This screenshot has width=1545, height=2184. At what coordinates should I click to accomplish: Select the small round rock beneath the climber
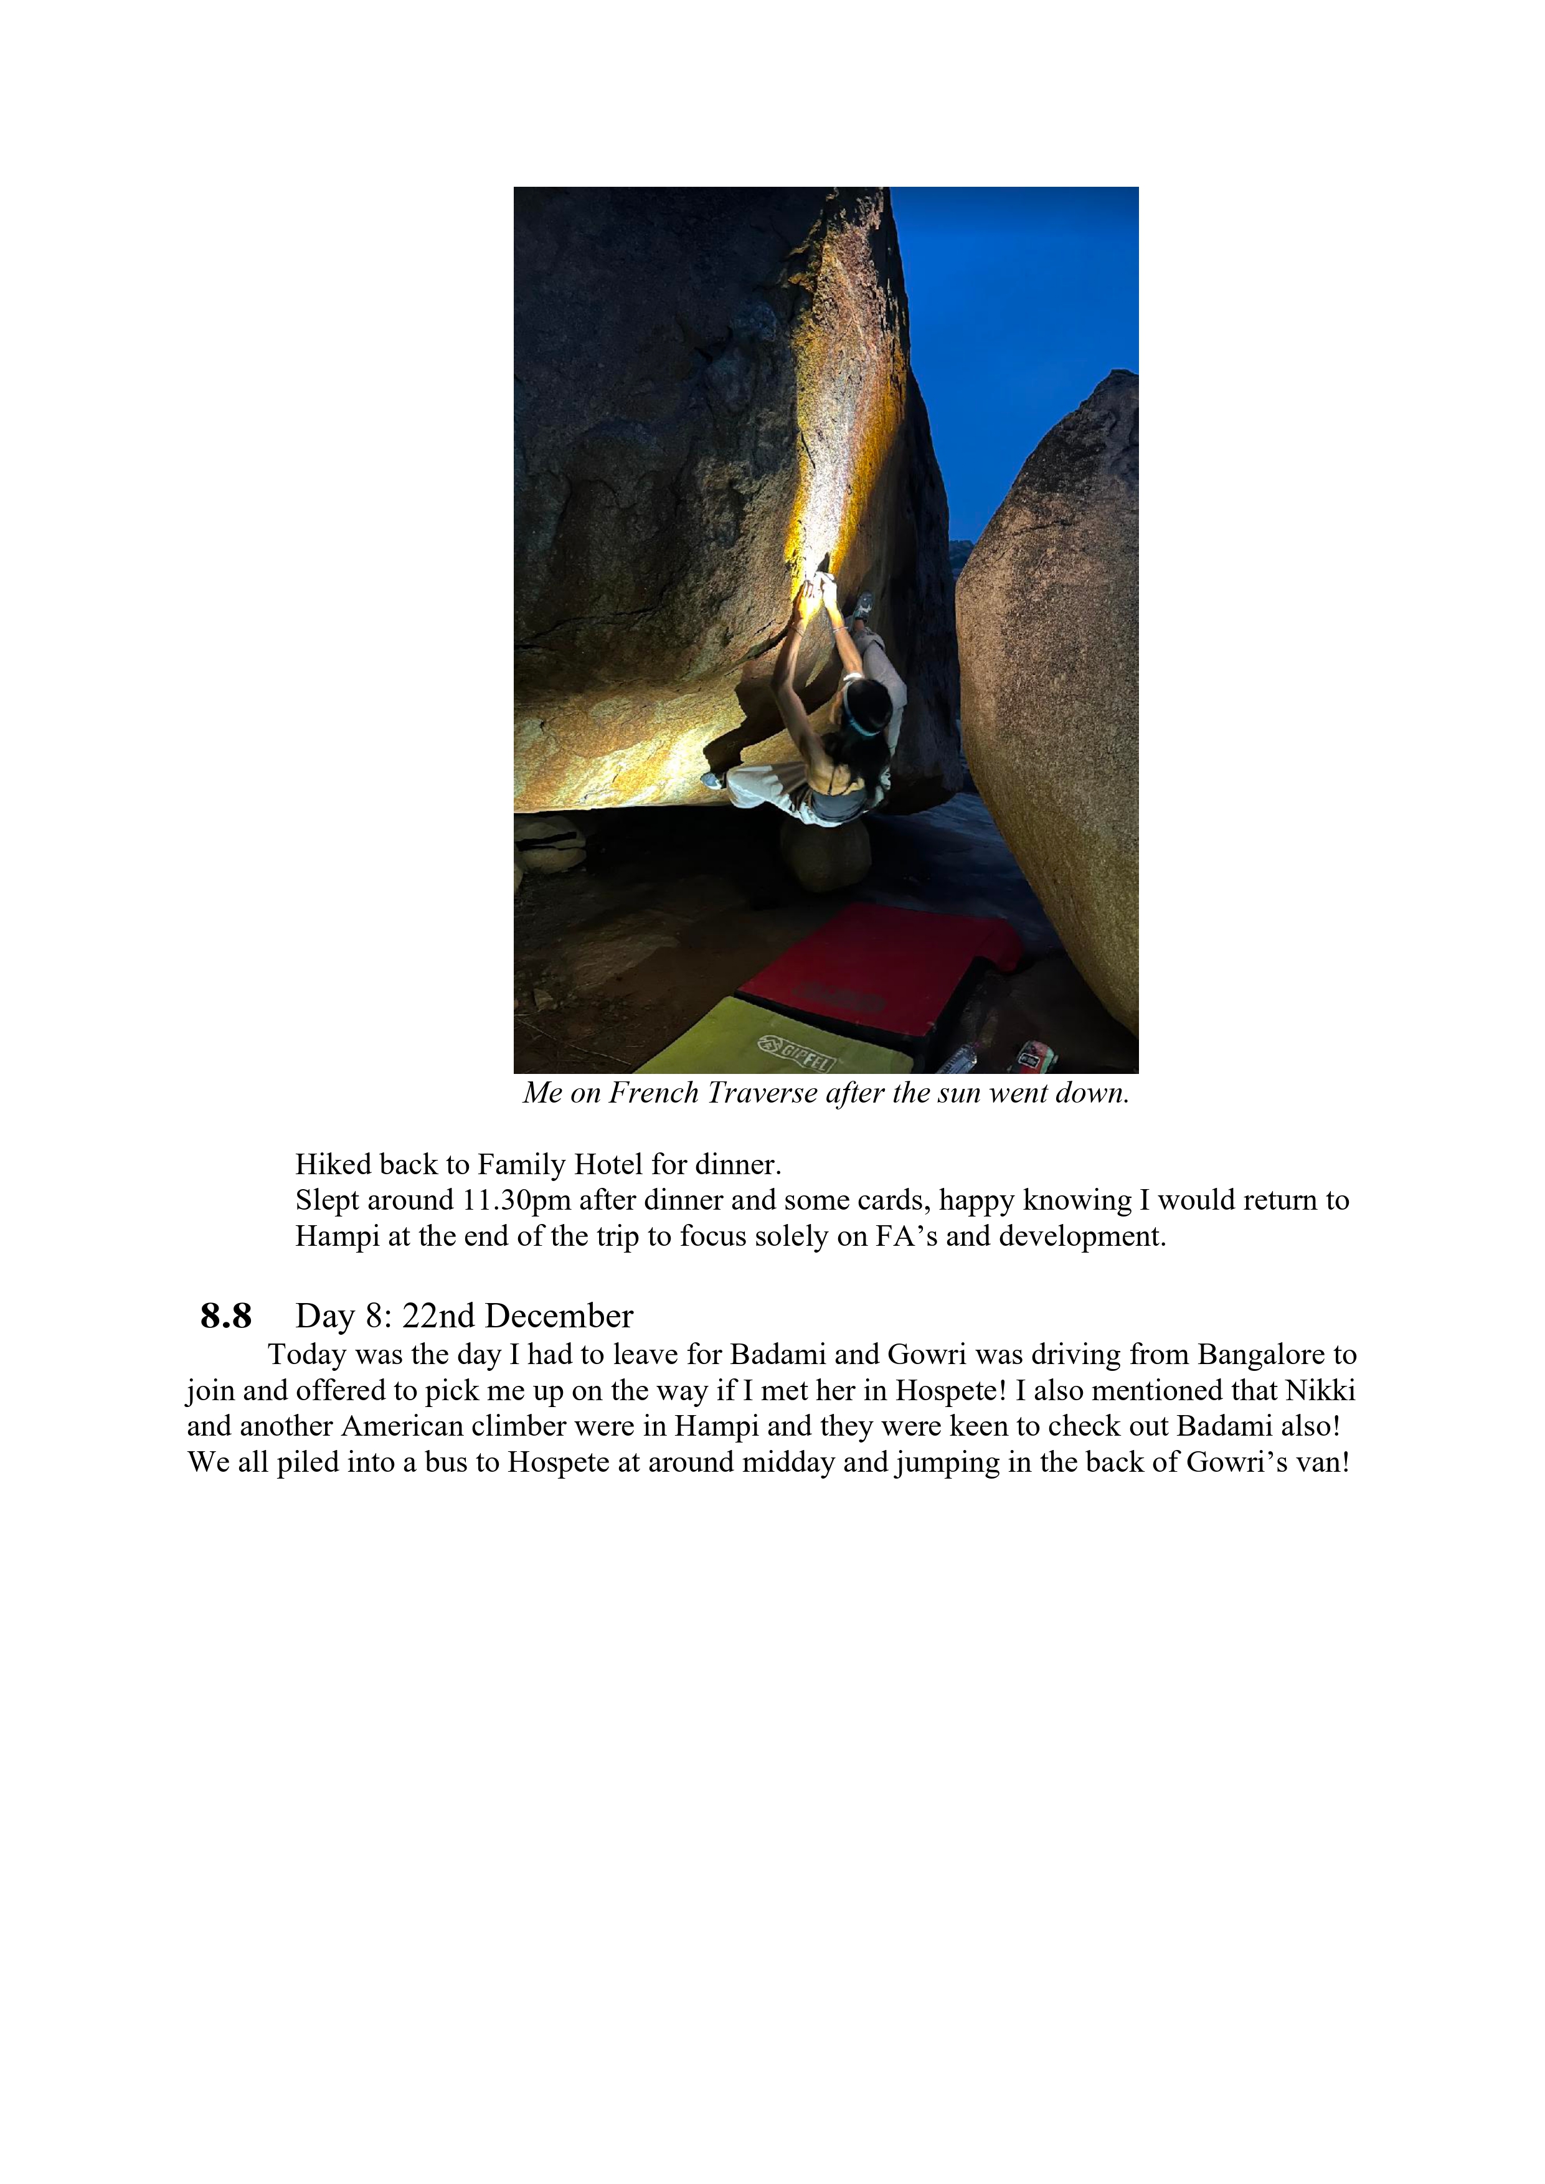[x=825, y=854]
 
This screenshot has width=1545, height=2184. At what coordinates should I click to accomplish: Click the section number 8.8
[x=225, y=1317]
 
